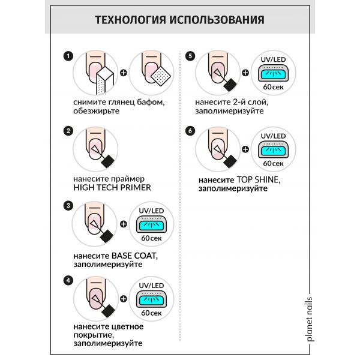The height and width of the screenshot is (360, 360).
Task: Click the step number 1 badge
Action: [68, 56]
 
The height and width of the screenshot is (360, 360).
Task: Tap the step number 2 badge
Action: [68, 131]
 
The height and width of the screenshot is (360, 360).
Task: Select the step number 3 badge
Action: [68, 205]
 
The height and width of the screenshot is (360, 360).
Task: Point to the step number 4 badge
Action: [68, 280]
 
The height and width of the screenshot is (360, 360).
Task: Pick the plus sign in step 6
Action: [245, 149]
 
